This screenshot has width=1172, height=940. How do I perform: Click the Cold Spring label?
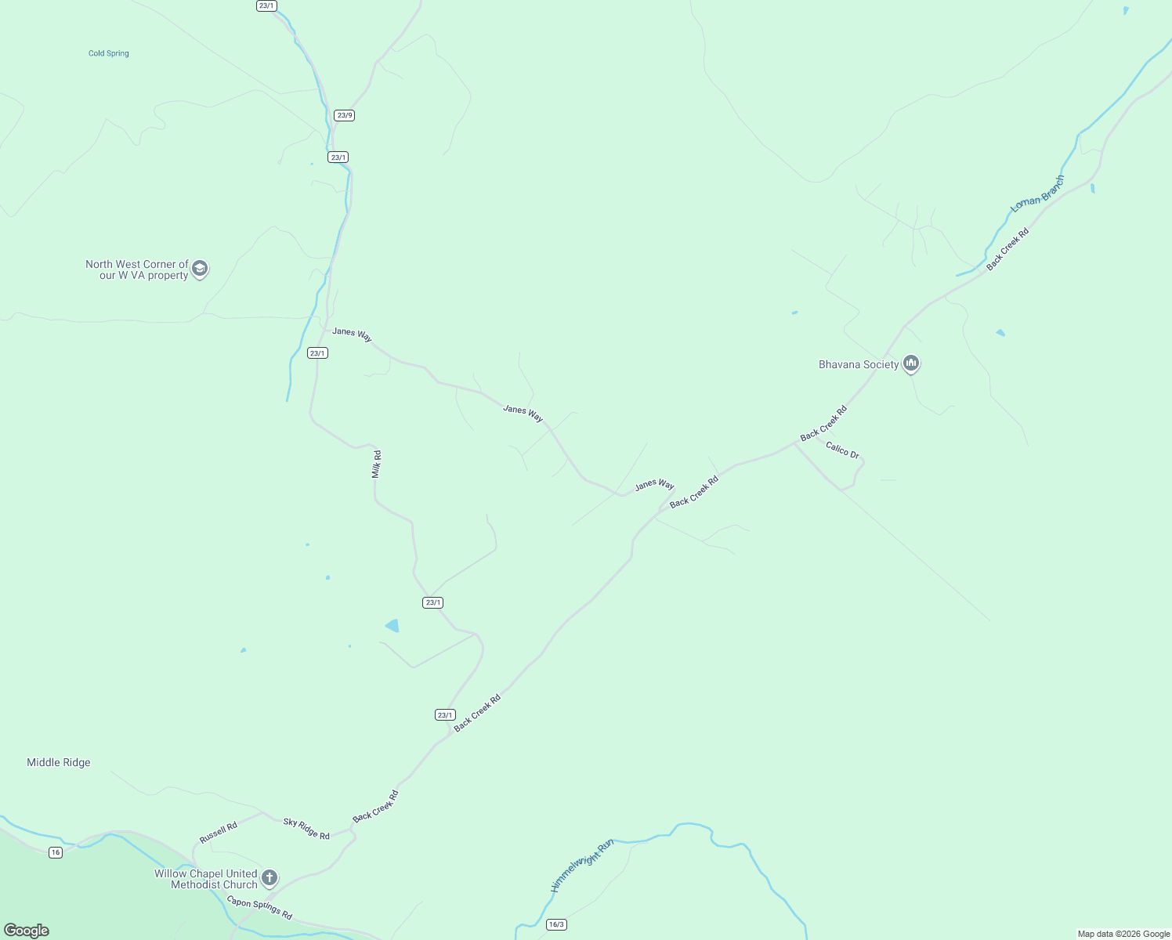[x=108, y=53]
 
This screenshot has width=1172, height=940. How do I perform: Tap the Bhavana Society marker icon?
[x=910, y=363]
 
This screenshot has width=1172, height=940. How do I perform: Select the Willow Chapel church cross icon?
[x=269, y=878]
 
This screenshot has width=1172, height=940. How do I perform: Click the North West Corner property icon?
[x=200, y=269]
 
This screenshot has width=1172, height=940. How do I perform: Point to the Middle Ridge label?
[x=59, y=762]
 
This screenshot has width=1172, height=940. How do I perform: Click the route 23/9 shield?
[x=344, y=115]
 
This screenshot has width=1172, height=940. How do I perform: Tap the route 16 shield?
[x=55, y=852]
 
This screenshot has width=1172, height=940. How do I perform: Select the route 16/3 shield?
[x=556, y=924]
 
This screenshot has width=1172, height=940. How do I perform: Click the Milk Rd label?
[x=377, y=464]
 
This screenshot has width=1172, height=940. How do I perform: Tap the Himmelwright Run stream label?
[x=582, y=866]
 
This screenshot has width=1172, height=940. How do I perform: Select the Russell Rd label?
[x=218, y=833]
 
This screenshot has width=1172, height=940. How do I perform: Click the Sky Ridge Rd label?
[x=306, y=829]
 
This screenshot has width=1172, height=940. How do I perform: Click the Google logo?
[x=27, y=931]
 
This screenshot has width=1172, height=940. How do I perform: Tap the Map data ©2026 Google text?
[x=1123, y=934]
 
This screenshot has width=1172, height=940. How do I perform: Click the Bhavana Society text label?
[x=859, y=364]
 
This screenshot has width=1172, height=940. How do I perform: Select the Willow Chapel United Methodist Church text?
[x=206, y=879]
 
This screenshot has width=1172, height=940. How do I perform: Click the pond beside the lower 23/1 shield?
[x=392, y=625]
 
